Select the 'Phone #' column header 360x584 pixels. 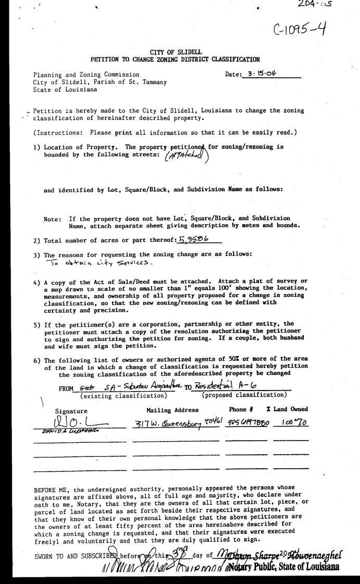[241, 410]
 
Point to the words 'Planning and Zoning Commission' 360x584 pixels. [86, 75]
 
